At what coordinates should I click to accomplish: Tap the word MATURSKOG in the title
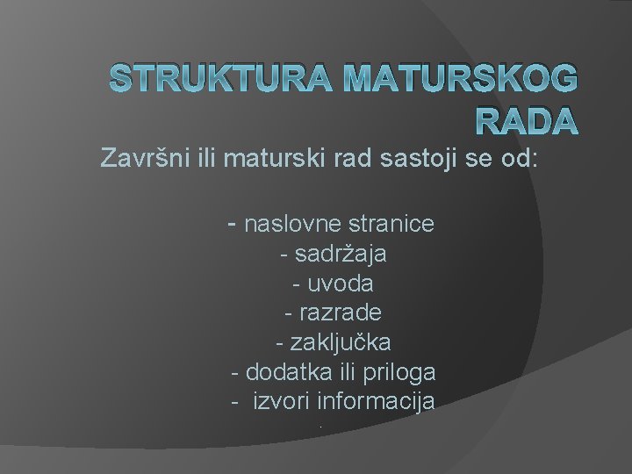(x=462, y=80)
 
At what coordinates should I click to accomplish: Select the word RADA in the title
(x=526, y=122)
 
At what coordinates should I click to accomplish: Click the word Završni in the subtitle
(x=137, y=160)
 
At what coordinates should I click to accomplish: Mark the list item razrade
(x=340, y=312)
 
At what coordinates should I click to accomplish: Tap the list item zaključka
(x=340, y=342)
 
